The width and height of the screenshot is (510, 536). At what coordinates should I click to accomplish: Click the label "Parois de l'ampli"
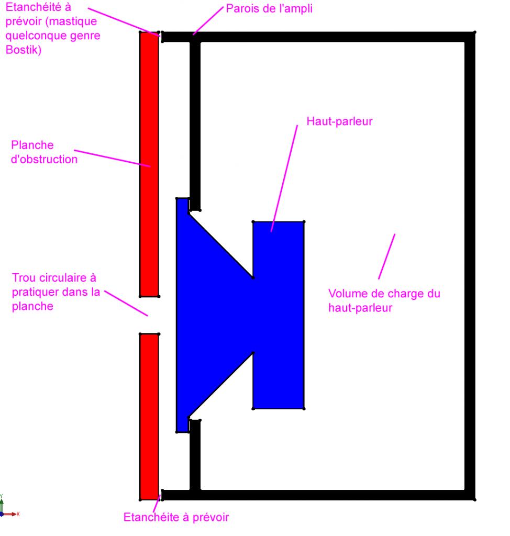click(x=269, y=9)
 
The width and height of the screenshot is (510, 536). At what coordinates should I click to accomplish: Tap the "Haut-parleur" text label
click(x=339, y=121)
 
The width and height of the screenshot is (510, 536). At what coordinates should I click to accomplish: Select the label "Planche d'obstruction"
click(x=44, y=152)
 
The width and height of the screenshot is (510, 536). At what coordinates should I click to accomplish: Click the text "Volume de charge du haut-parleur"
click(x=384, y=300)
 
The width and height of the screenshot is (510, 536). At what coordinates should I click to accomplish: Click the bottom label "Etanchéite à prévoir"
click(x=176, y=518)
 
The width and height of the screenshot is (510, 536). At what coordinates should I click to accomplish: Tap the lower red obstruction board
click(x=149, y=416)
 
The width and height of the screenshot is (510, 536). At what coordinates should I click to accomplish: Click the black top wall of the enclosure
click(x=330, y=37)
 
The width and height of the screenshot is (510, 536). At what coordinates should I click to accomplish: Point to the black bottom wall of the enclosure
click(x=330, y=495)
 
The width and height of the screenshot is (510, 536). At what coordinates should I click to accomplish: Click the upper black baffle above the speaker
click(x=195, y=120)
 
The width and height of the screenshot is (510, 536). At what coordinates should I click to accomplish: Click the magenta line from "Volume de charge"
click(x=386, y=256)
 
